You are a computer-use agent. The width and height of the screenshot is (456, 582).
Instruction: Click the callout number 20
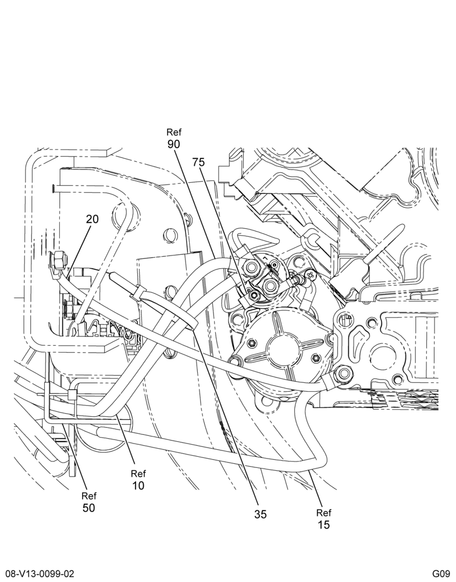pyautogui.click(x=92, y=219)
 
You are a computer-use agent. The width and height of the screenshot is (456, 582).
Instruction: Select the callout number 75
pyautogui.click(x=198, y=162)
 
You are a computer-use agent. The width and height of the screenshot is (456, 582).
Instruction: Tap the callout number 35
pyautogui.click(x=261, y=514)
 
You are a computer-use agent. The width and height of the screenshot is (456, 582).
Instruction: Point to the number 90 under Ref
pyautogui.click(x=174, y=144)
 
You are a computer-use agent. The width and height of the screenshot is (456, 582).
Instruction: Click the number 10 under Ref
pyautogui.click(x=138, y=485)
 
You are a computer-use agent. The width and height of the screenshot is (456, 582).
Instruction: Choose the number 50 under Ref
pyautogui.click(x=88, y=508)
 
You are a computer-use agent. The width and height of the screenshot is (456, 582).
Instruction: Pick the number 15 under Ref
pyautogui.click(x=323, y=524)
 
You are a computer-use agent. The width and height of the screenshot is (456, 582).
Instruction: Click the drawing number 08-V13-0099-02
pyautogui.click(x=37, y=574)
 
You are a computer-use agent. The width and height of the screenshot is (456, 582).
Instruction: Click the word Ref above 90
pyautogui.click(x=174, y=132)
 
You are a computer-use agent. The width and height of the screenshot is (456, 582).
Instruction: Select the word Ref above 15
pyautogui.click(x=323, y=513)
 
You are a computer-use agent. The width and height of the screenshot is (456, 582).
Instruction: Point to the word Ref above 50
pyautogui.click(x=88, y=495)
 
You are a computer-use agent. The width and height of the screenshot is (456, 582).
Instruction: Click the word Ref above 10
pyautogui.click(x=138, y=474)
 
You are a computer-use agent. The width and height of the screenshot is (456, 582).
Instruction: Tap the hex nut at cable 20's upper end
pyautogui.click(x=58, y=259)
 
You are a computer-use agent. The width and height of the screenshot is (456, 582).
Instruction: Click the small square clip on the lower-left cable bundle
pyautogui.click(x=72, y=395)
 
